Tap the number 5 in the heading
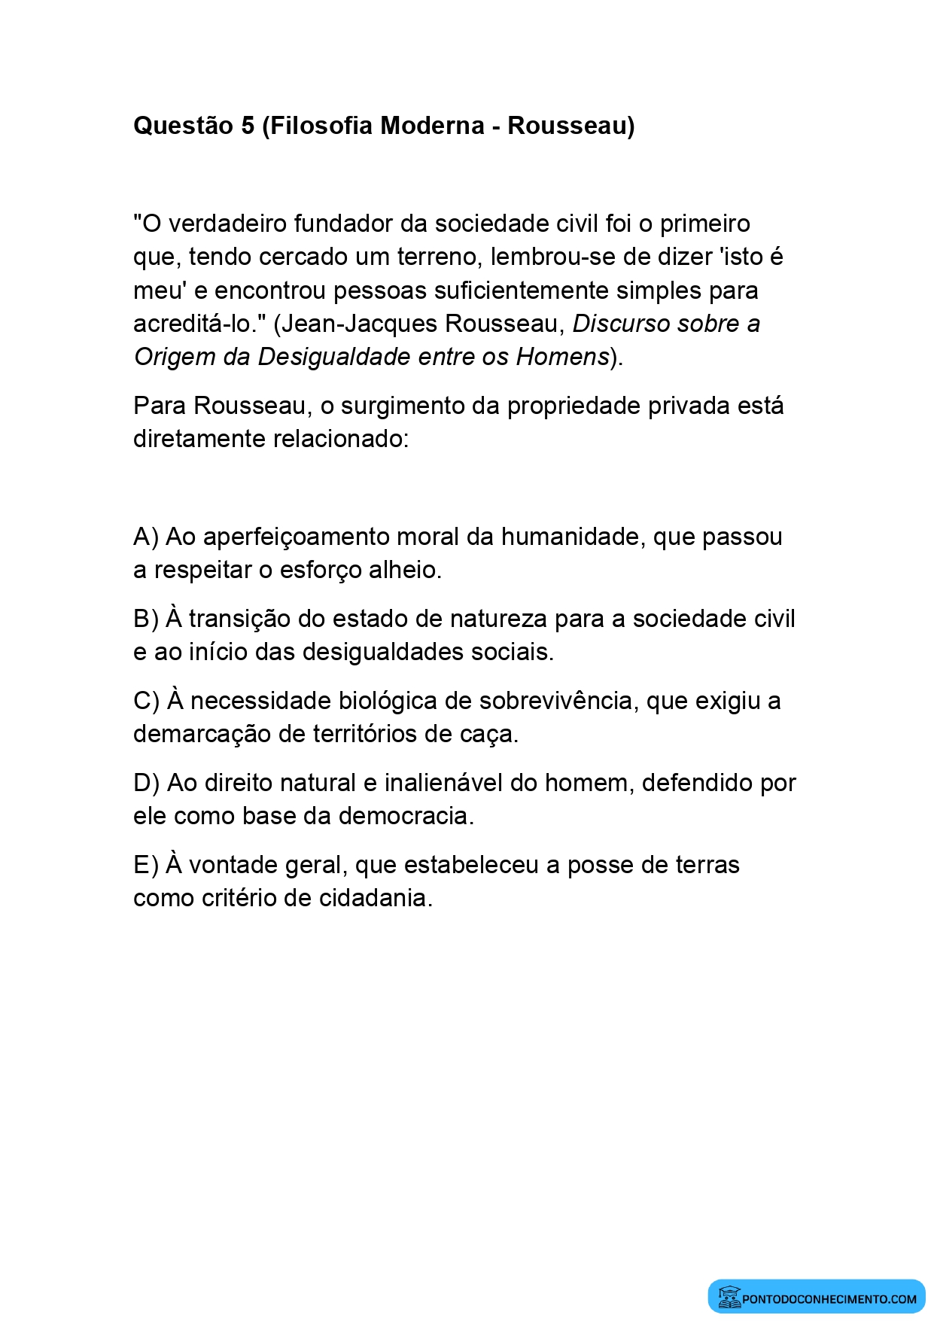(x=248, y=125)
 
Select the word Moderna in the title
(x=431, y=125)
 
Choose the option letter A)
(x=145, y=537)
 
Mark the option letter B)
(x=145, y=619)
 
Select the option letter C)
(x=146, y=701)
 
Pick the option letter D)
(x=146, y=783)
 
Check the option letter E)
(x=145, y=865)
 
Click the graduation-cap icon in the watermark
(x=729, y=1297)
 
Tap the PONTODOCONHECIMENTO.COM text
(x=829, y=1298)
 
